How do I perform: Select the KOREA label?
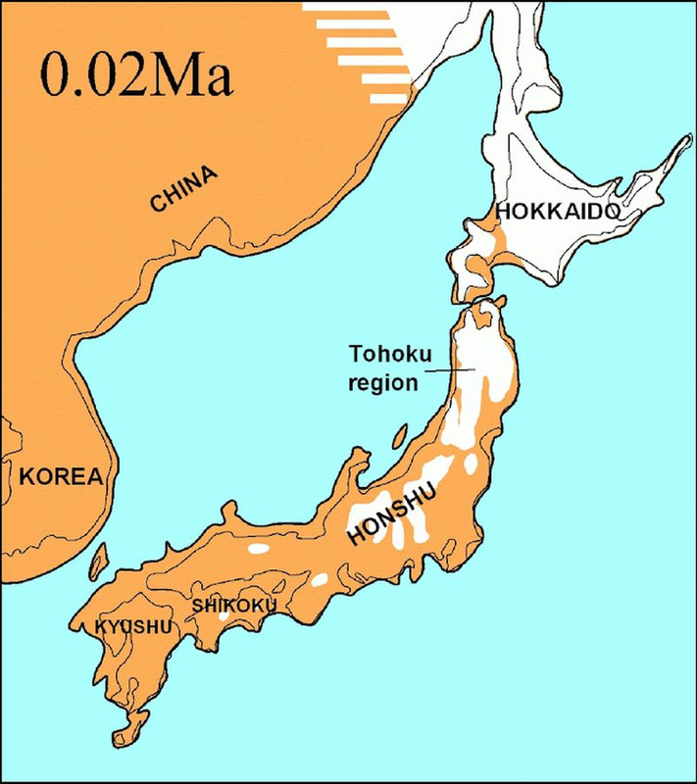click(x=60, y=477)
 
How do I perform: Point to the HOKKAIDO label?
click(x=557, y=211)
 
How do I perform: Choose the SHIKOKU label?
click(x=234, y=605)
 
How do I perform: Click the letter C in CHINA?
click(x=157, y=203)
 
